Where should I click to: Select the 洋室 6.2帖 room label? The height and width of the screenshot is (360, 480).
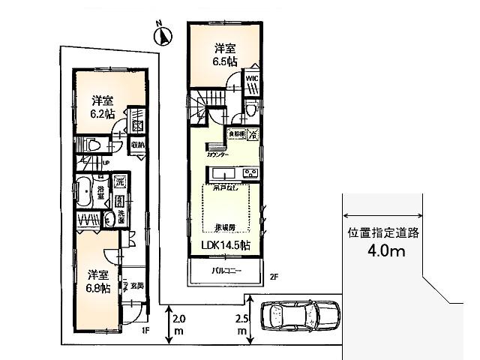click(102, 106)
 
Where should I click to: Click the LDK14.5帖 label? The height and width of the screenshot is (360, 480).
click(226, 245)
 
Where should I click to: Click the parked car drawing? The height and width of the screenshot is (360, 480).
click(298, 317)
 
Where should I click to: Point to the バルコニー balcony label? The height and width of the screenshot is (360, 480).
click(225, 270)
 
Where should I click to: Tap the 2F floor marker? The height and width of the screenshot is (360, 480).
click(274, 277)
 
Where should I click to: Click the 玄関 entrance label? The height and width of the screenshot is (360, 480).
click(137, 286)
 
